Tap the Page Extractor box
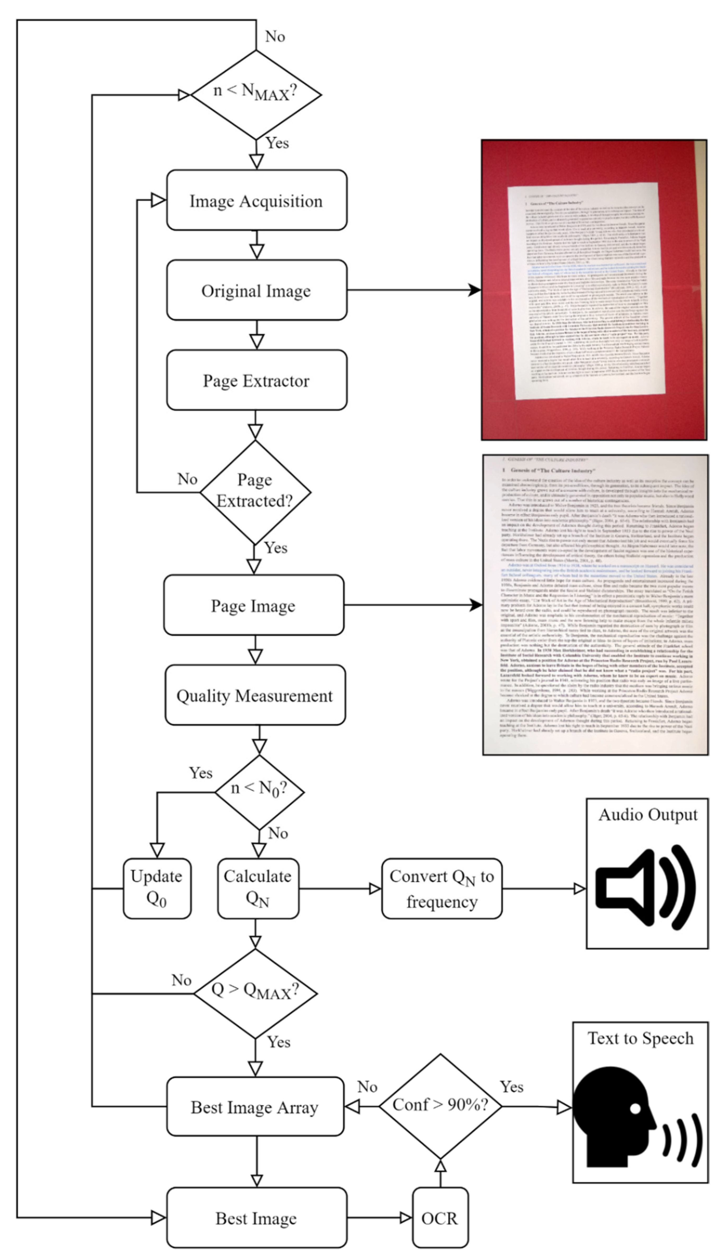[x=256, y=380]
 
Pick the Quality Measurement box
[x=255, y=695]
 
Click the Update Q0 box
[x=157, y=888]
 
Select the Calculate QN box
[x=258, y=888]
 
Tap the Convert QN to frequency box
[x=441, y=888]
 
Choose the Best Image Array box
[x=255, y=1107]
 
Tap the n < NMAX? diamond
[x=256, y=94]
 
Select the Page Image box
[x=254, y=605]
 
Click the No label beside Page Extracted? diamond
[x=187, y=479]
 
